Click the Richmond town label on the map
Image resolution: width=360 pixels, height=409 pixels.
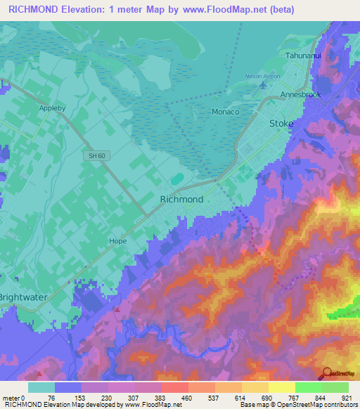click(x=182, y=199)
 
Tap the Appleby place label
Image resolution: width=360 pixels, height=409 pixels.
click(x=53, y=110)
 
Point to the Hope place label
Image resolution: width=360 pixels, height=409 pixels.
click(x=117, y=240)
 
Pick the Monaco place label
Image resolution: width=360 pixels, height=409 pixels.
click(x=225, y=112)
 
